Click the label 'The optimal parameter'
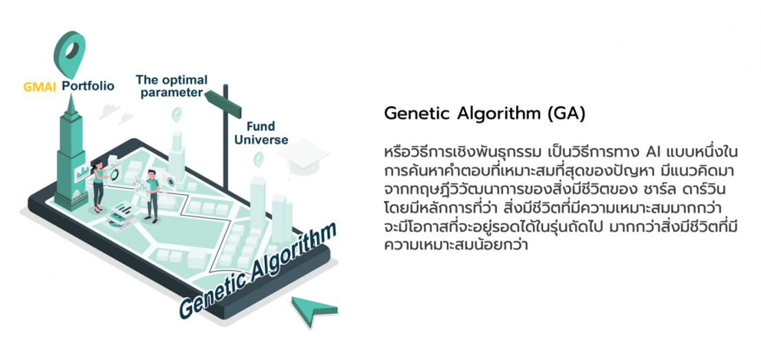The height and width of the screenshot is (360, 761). click(x=171, y=86)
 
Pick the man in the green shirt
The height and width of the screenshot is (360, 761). click(x=151, y=196)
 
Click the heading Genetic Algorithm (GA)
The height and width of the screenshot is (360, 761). click(x=484, y=113)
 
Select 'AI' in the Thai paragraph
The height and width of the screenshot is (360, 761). click(x=654, y=152)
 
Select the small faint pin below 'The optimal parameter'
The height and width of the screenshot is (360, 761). click(x=177, y=113)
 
